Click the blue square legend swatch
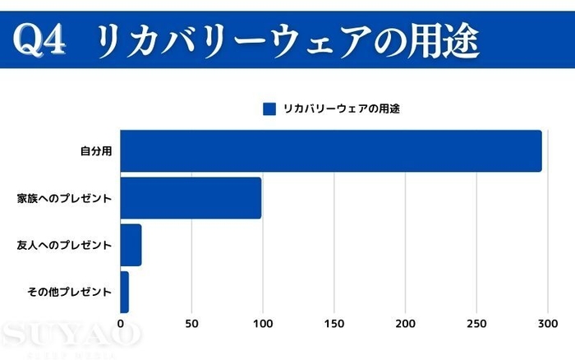click(x=269, y=108)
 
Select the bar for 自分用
click(x=331, y=151)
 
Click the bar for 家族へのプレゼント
click(x=191, y=198)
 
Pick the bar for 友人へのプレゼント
click(x=131, y=245)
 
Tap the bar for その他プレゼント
click(x=124, y=292)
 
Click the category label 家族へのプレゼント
click(x=64, y=198)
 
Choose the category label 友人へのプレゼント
click(x=64, y=245)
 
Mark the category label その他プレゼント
click(x=70, y=292)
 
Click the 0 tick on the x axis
click(x=121, y=324)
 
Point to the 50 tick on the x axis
click(x=191, y=324)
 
